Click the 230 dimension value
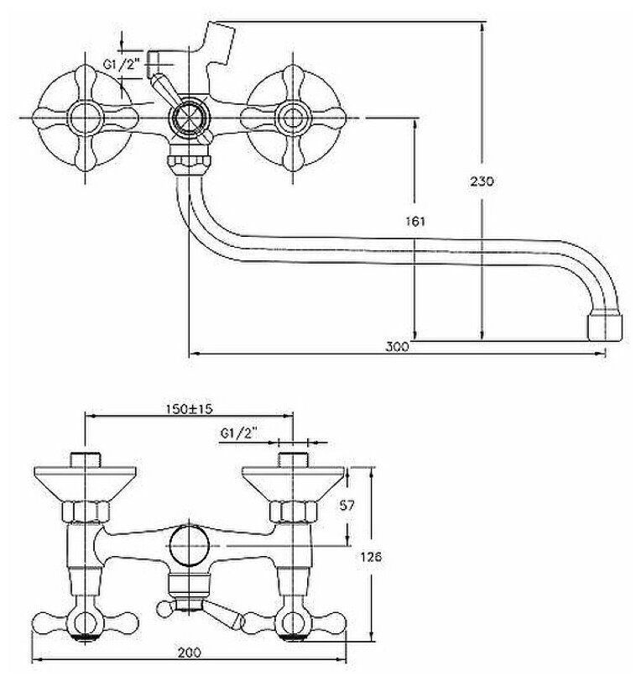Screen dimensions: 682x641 point(485,181)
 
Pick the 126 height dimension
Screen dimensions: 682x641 point(375,557)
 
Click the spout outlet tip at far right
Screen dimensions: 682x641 point(603,324)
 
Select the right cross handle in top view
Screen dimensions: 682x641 point(291,115)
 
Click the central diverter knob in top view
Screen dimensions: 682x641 point(189,117)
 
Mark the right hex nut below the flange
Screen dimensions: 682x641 point(291,511)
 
